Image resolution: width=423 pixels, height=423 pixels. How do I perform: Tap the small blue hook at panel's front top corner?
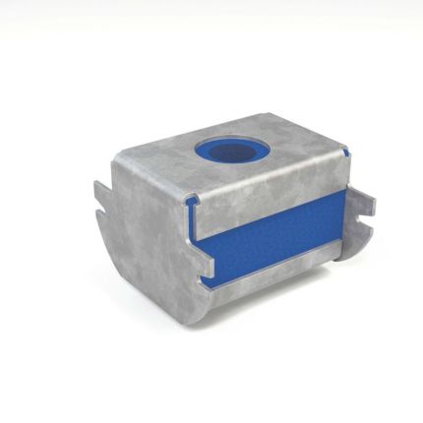click(198, 203)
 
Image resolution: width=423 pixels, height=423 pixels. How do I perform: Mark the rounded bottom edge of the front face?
click(157, 315)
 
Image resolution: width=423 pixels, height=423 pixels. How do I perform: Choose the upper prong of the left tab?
click(101, 187)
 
